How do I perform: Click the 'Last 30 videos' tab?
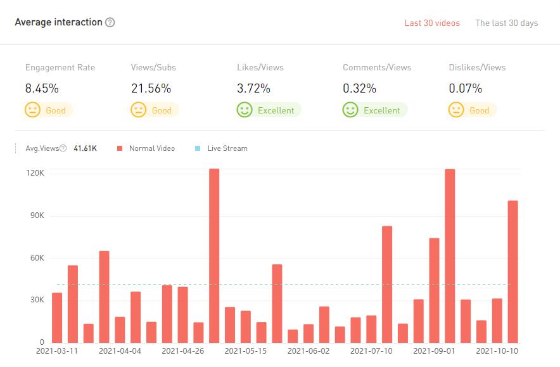click(432, 23)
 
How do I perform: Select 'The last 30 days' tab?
click(506, 23)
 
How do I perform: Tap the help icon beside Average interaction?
click(110, 23)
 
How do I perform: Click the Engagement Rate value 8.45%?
click(41, 89)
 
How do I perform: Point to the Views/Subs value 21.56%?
click(151, 89)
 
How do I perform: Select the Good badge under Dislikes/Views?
click(472, 110)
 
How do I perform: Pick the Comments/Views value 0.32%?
click(359, 89)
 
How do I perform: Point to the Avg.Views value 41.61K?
click(85, 148)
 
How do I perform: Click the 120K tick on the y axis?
click(35, 173)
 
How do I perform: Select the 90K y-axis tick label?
click(36, 216)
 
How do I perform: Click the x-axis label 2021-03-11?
click(57, 351)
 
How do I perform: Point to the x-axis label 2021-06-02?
click(309, 351)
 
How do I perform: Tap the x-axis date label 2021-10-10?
click(497, 351)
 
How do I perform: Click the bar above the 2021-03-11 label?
click(57, 317)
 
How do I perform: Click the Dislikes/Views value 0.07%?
click(465, 89)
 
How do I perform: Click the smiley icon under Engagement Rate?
click(32, 110)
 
